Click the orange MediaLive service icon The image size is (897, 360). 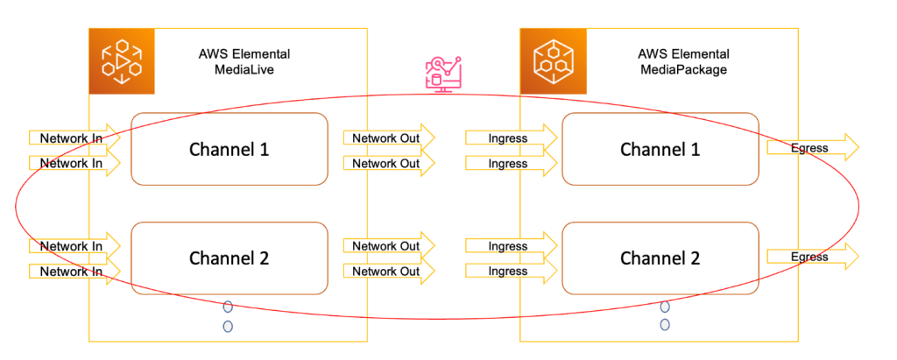(x=121, y=61)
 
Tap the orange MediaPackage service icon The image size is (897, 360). (x=553, y=61)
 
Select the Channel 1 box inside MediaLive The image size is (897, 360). (x=230, y=149)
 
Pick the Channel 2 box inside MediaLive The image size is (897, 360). (x=230, y=258)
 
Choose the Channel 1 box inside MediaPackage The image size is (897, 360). (x=660, y=149)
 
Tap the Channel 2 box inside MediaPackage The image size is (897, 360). (x=660, y=258)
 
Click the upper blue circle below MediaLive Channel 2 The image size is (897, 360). (x=228, y=307)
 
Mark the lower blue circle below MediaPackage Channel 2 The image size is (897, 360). (x=665, y=325)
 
